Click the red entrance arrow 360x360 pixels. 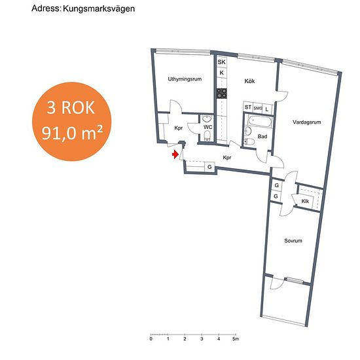pos(175,154)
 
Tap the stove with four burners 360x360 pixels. pos(222,94)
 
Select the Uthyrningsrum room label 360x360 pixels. pos(185,79)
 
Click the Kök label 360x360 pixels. pos(249,81)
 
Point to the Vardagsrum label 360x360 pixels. pos(307,122)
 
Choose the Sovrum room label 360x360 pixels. pos(293,241)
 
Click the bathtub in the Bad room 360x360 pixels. pos(261,122)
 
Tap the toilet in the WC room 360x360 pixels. pos(207,135)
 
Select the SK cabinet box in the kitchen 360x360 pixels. pos(222,62)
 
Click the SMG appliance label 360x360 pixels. pos(258,108)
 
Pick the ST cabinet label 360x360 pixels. pos(248,107)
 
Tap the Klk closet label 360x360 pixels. pos(305,202)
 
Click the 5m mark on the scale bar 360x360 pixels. pos(235,338)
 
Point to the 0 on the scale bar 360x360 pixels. pos(151,339)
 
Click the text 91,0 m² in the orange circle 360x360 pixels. pos(72,133)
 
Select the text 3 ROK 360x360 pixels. pos(71,108)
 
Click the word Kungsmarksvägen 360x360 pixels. pos(99,9)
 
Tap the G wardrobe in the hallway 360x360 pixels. pos(209,167)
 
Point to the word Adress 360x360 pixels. pos(46,9)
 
